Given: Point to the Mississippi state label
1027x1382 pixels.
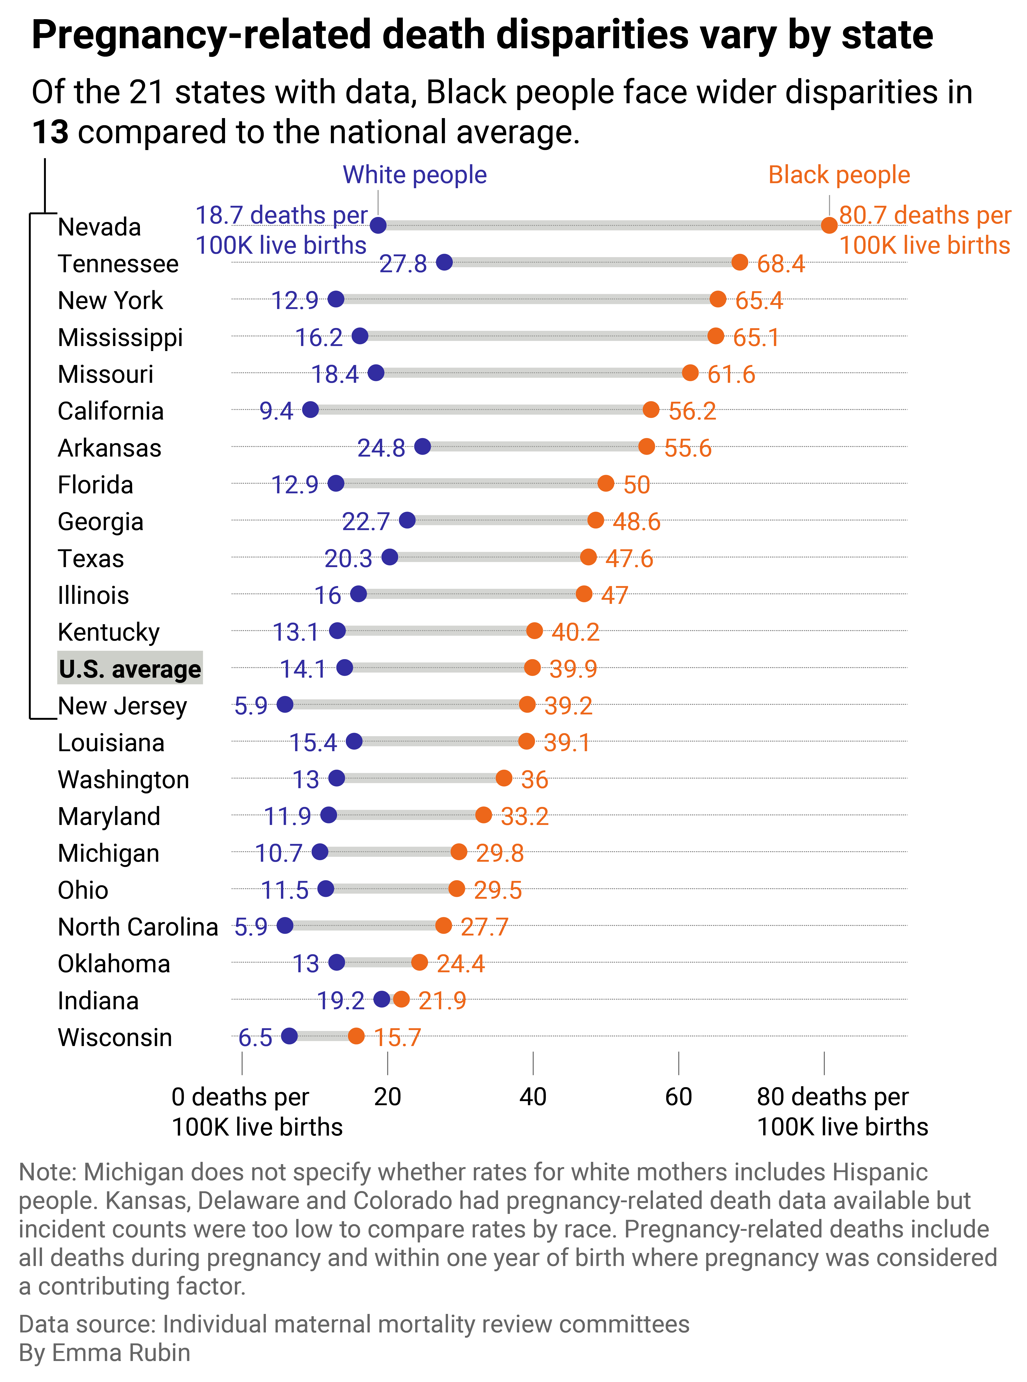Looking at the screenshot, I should coord(120,337).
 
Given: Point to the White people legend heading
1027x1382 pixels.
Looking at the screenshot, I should coord(415,175).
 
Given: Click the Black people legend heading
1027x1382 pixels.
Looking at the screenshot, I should coord(839,175).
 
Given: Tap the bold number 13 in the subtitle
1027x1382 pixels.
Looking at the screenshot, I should coord(50,132).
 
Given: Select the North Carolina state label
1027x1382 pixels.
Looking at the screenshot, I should coord(138,927).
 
